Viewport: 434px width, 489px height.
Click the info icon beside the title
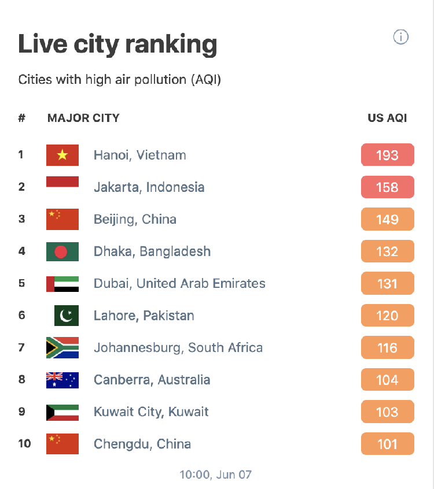click(x=400, y=38)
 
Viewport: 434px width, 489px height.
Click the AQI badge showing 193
click(x=387, y=155)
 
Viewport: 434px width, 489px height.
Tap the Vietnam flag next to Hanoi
click(x=62, y=155)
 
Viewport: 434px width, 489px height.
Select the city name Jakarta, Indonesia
click(x=149, y=187)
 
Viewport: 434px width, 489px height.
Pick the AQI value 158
click(x=387, y=187)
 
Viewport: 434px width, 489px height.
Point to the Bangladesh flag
click(x=62, y=251)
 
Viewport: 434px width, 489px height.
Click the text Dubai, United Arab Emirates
click(x=179, y=284)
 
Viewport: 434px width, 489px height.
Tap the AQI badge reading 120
click(x=387, y=316)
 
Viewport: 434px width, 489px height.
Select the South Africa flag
click(x=62, y=348)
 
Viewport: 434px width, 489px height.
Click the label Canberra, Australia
click(x=152, y=380)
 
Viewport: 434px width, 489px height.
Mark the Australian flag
click(x=62, y=380)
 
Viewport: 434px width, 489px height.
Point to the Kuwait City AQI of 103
click(x=387, y=412)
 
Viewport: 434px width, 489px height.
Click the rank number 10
click(x=24, y=444)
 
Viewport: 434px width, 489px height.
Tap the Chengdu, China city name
click(x=142, y=444)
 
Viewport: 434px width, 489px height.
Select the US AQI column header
click(x=387, y=118)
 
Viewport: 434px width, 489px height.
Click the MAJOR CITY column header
click(x=83, y=118)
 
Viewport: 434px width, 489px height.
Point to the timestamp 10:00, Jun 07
click(x=215, y=475)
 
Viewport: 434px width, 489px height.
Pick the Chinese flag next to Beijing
click(x=62, y=219)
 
